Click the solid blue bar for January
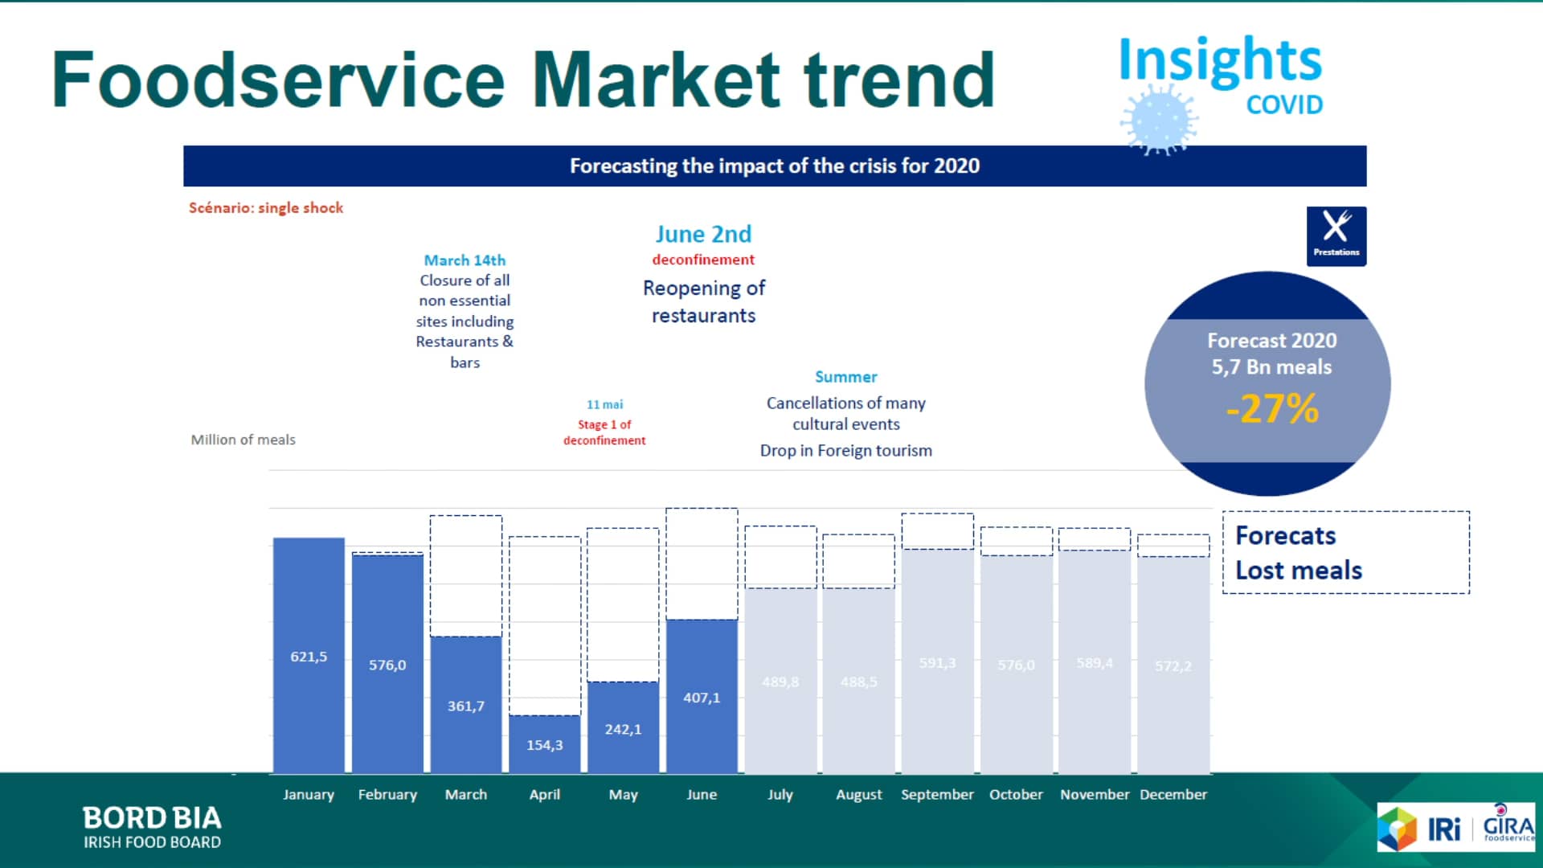coord(309,655)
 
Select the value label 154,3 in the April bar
coord(544,745)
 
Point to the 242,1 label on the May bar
coord(623,729)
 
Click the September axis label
coord(937,794)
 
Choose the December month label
coord(1173,794)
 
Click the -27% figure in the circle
coord(1272,408)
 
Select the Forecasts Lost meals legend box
coord(1345,552)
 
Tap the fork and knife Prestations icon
coord(1336,235)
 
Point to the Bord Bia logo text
coord(152,827)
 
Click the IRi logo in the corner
coord(1443,829)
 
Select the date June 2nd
coord(703,234)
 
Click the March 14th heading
coord(465,260)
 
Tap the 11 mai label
coord(604,404)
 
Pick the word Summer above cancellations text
coord(845,377)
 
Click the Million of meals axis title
coord(243,440)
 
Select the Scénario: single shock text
coord(266,207)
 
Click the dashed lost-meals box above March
coord(466,575)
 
